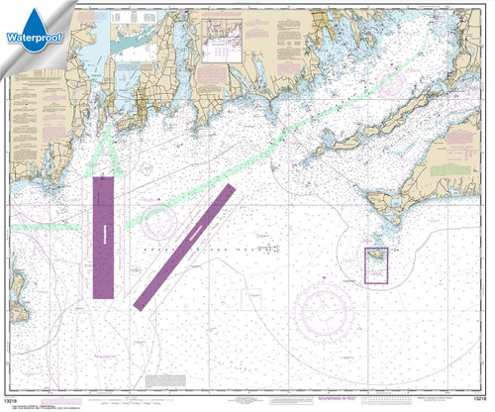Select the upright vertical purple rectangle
pyautogui.click(x=103, y=237)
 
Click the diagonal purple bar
pyautogui.click(x=184, y=244)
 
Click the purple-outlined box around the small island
pyautogui.click(x=376, y=265)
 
